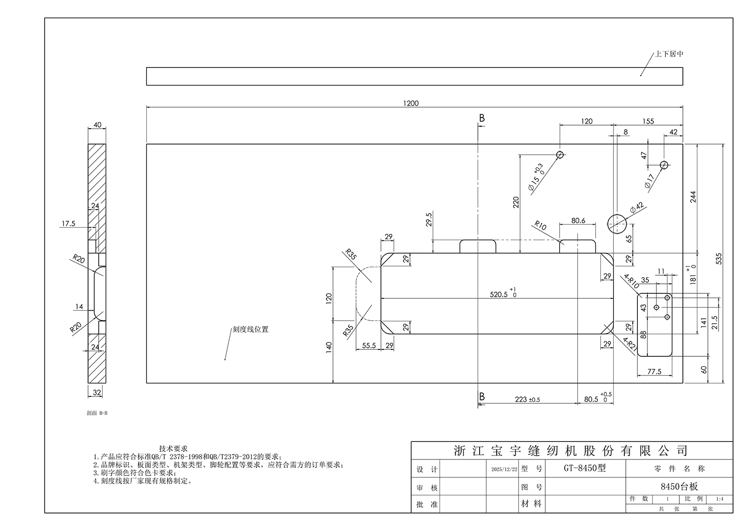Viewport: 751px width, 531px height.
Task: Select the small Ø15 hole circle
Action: [560, 155]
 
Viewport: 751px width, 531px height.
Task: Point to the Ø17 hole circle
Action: [664, 165]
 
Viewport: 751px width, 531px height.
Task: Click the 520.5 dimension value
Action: [499, 295]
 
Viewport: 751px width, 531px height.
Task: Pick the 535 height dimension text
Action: [719, 259]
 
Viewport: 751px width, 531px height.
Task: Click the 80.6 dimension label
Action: [578, 221]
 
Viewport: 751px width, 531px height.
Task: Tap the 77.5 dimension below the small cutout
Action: [654, 372]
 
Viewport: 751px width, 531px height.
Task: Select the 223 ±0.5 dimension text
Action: [527, 399]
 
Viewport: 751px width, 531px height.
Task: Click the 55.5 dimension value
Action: [368, 345]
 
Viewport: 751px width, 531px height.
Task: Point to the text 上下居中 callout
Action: [669, 54]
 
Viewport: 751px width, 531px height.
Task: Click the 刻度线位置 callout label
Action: [250, 329]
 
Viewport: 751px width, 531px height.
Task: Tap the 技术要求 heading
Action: [173, 448]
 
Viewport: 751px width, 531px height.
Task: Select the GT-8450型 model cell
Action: [584, 468]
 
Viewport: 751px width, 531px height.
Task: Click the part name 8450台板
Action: [679, 486]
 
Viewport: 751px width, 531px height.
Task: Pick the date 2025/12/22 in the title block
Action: [504, 469]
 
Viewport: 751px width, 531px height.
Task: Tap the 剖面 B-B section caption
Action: [97, 413]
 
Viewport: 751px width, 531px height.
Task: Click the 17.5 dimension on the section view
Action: [68, 224]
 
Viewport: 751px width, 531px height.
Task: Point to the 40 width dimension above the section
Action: [97, 125]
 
